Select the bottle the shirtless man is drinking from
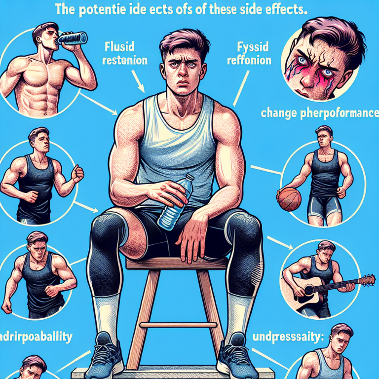tap(74, 38)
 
